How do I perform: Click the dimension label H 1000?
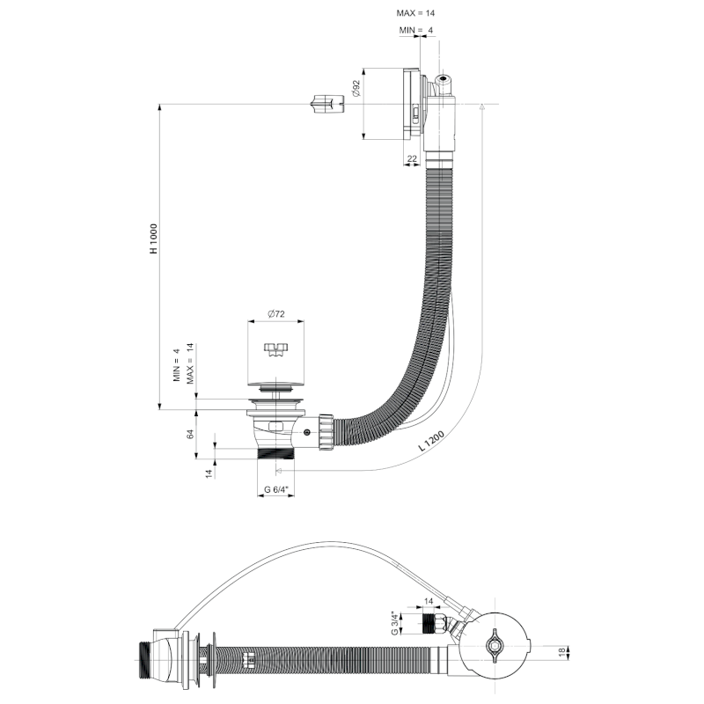click(153, 238)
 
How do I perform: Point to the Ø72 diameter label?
click(275, 314)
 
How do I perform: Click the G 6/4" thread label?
click(275, 489)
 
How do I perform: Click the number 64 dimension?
click(189, 434)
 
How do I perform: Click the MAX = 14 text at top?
click(415, 14)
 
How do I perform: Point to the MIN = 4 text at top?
click(415, 30)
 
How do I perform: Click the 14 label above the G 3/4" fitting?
click(429, 601)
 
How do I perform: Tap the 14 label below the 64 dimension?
click(209, 473)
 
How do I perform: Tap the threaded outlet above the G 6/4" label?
click(275, 454)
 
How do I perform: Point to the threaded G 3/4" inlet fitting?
click(431, 626)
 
